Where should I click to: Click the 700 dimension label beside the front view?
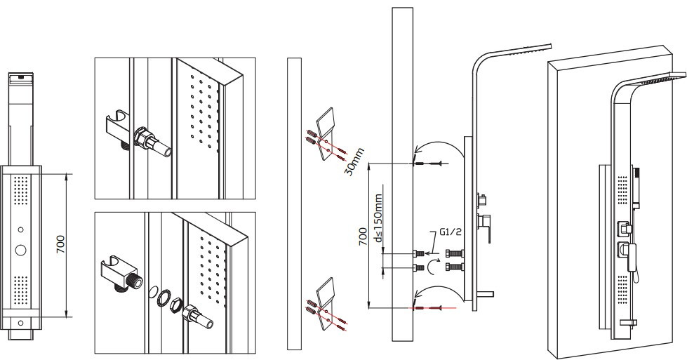point(61,244)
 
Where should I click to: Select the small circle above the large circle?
point(20,229)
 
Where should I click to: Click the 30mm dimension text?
point(354,161)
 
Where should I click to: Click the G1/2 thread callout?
point(451,232)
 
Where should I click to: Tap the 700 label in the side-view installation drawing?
point(363,236)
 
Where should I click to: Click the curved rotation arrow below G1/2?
point(431,266)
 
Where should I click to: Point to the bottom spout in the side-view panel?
point(483,294)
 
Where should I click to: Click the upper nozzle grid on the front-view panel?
point(20,190)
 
